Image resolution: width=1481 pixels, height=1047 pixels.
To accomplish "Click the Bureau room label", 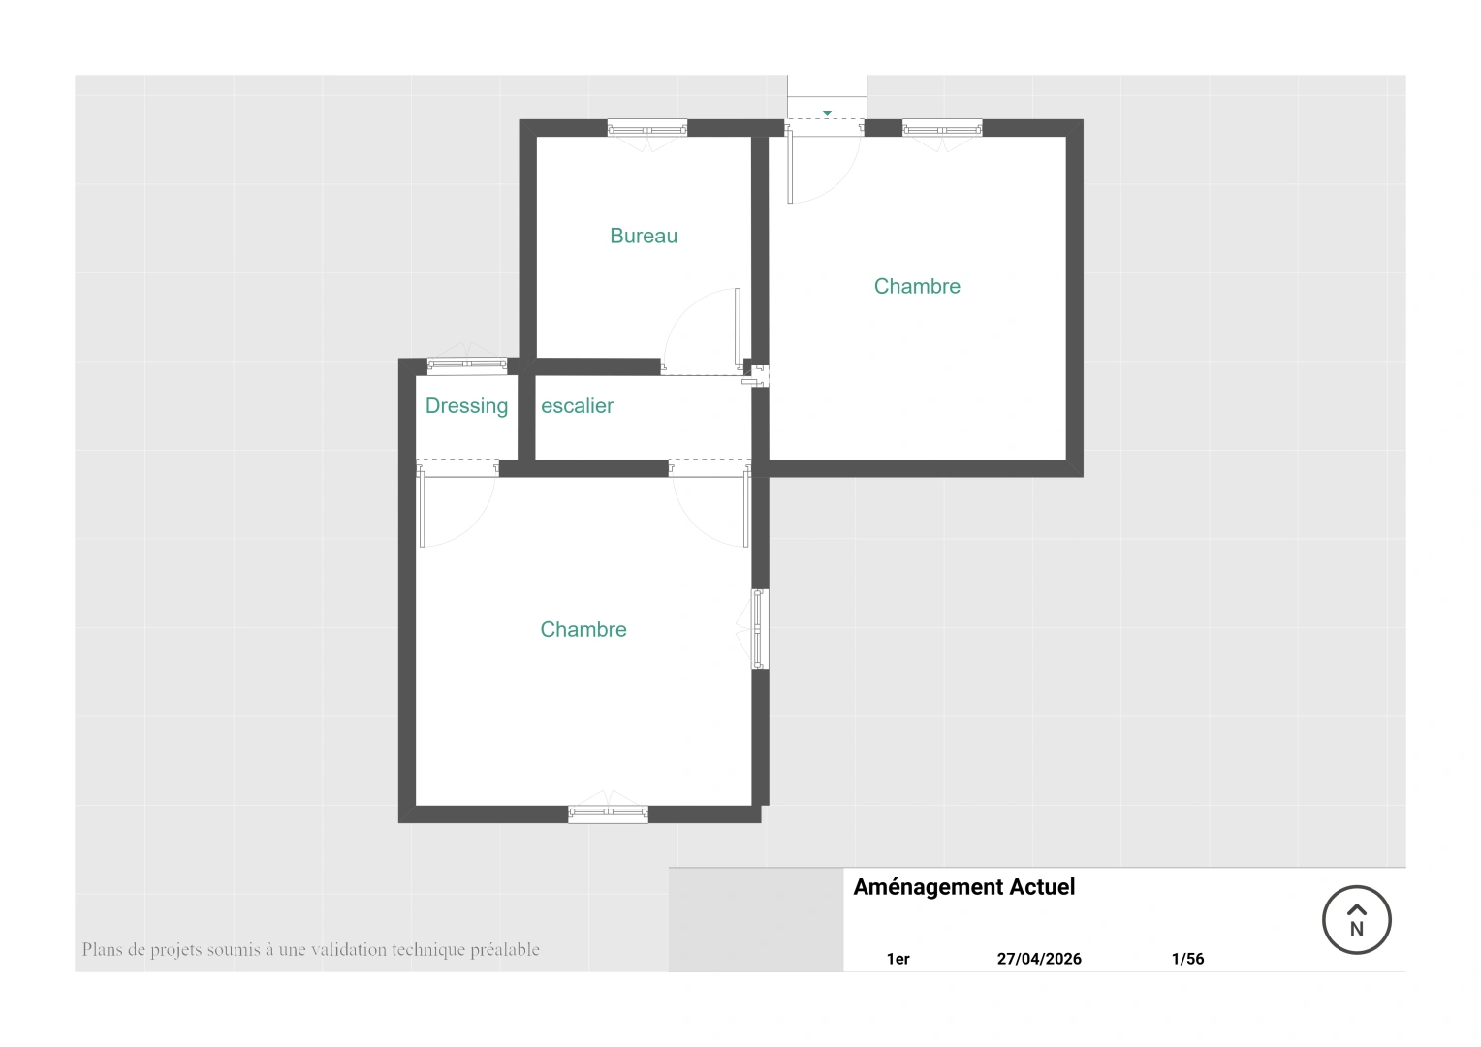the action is click(x=644, y=237).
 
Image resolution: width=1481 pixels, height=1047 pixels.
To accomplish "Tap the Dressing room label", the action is click(x=466, y=406).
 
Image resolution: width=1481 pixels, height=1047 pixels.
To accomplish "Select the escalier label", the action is click(x=578, y=405).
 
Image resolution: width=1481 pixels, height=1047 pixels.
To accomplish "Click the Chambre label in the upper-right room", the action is click(x=917, y=286).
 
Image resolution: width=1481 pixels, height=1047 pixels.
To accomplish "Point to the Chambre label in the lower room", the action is click(x=583, y=630).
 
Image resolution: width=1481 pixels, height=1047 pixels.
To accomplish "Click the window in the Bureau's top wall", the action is click(x=647, y=129).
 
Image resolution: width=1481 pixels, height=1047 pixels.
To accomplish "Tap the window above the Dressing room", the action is click(x=467, y=364).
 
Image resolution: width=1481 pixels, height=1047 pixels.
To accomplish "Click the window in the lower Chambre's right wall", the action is click(x=760, y=629).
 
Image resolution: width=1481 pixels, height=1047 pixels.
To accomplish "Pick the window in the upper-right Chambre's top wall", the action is click(x=942, y=129).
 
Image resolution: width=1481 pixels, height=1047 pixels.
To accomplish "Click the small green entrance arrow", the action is click(x=827, y=113).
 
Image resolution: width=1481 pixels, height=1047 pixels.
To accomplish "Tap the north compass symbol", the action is click(x=1357, y=920).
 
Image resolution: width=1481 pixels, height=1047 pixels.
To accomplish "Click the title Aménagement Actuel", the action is click(x=964, y=887).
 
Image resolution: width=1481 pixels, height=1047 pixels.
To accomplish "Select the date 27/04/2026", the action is click(x=1039, y=959).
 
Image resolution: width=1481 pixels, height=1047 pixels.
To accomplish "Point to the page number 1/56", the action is click(x=1187, y=959).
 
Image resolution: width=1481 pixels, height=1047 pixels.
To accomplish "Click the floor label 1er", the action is click(x=898, y=959).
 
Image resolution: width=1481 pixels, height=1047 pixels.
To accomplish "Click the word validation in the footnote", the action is click(x=348, y=950).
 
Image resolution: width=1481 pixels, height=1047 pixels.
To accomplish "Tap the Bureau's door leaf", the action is click(x=738, y=327).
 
